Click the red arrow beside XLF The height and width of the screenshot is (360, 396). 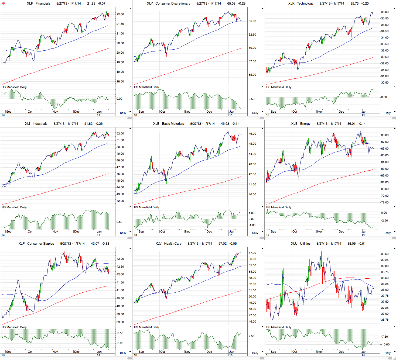[3, 4]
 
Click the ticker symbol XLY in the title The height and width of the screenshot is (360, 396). [150, 4]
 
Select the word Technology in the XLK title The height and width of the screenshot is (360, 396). [305, 4]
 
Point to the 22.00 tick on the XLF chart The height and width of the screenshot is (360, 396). [120, 14]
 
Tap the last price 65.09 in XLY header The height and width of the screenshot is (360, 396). [231, 4]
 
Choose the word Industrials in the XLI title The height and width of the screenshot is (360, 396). [40, 124]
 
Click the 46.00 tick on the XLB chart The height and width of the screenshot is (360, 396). [252, 134]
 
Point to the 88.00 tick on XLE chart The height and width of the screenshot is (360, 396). [385, 135]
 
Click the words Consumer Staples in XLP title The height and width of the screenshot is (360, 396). [40, 244]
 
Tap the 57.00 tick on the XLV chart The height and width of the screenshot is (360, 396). [252, 253]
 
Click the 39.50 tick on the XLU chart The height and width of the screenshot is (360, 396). [385, 254]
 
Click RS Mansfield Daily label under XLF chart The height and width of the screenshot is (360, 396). [14, 87]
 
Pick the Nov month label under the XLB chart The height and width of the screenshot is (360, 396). [187, 231]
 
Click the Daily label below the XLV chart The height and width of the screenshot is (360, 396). [255, 353]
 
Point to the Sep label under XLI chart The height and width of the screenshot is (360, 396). [9, 231]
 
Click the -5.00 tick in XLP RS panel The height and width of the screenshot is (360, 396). [120, 343]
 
